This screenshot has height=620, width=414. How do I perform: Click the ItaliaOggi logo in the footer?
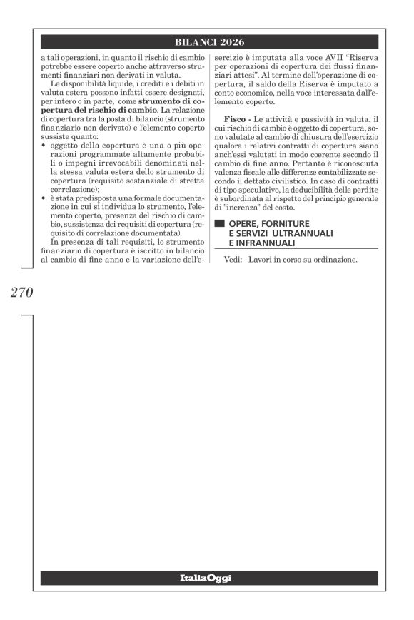(206, 576)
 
